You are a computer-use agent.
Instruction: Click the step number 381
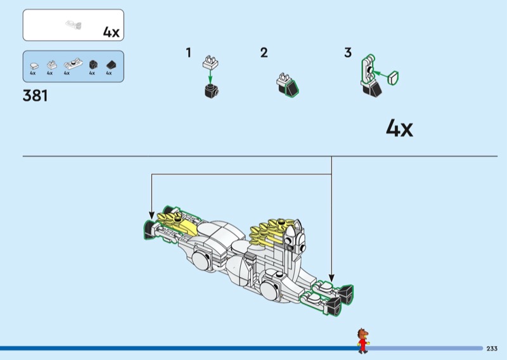click(x=35, y=96)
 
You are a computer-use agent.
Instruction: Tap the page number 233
click(x=492, y=349)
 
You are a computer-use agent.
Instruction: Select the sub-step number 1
click(x=188, y=53)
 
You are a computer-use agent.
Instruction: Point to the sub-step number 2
click(x=264, y=53)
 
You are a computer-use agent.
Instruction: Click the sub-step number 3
click(x=348, y=53)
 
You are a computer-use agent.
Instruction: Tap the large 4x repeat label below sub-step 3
click(x=399, y=128)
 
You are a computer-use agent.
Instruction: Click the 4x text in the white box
click(x=112, y=32)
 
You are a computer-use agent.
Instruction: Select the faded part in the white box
click(x=74, y=25)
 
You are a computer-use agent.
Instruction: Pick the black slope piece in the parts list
click(x=111, y=65)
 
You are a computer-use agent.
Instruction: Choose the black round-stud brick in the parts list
click(x=93, y=65)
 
